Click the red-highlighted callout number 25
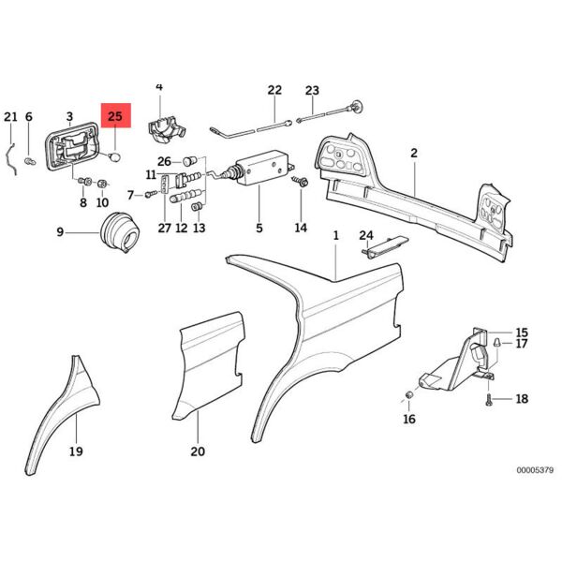115,117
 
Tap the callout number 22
274,91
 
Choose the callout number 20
198,451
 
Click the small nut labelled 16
409,392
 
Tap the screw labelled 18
489,398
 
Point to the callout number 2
412,152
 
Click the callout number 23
312,91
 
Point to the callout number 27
164,229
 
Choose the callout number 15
522,333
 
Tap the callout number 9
60,231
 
